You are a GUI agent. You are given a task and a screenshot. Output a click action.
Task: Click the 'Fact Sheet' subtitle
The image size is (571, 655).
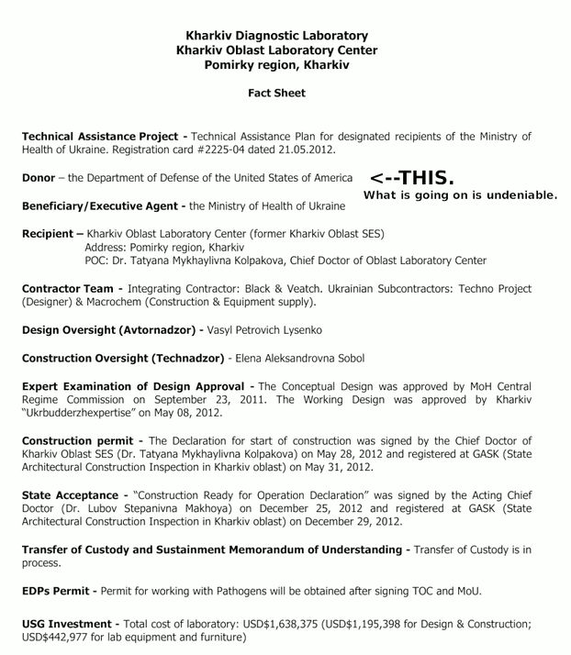click(276, 93)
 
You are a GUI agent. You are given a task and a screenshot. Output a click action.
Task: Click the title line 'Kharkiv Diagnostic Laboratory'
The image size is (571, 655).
click(276, 36)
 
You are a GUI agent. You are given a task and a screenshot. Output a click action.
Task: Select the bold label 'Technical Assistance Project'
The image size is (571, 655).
click(102, 137)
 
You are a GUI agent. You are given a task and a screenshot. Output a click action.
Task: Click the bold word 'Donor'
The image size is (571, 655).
click(39, 178)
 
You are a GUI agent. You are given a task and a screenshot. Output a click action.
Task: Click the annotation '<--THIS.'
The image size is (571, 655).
click(412, 177)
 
